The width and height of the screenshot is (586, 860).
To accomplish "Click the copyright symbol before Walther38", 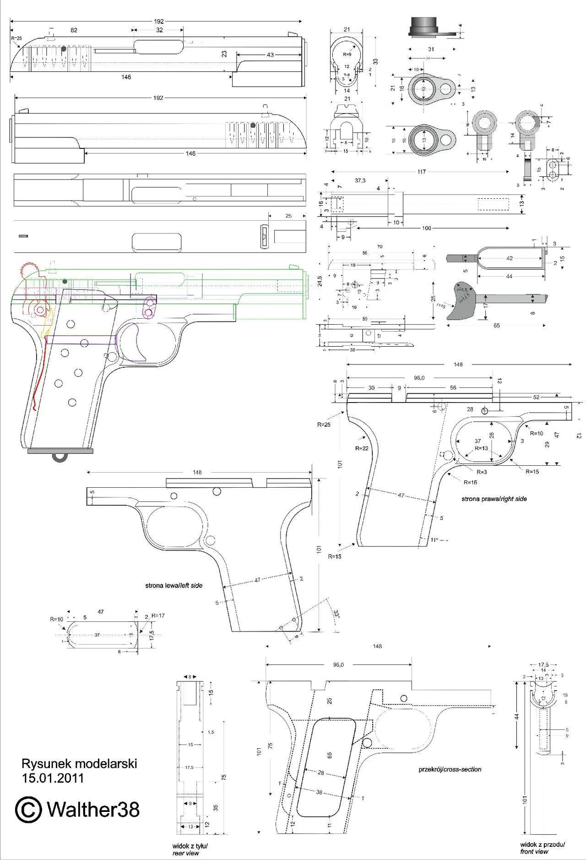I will [x=29, y=809].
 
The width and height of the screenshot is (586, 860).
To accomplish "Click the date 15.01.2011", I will [x=53, y=778].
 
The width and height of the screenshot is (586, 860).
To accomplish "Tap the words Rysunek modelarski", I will [x=79, y=764].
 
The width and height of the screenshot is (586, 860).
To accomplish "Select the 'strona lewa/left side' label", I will [x=174, y=585].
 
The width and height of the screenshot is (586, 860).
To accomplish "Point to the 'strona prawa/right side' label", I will [x=494, y=499].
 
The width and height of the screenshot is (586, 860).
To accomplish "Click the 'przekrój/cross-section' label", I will [x=450, y=769].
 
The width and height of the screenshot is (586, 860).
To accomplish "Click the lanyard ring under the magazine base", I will [x=60, y=457].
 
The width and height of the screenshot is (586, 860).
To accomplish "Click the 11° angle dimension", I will [x=434, y=540].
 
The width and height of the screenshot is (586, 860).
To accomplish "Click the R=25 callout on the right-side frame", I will [x=323, y=425].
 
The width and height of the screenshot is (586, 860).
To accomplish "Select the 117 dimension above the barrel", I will [x=421, y=172].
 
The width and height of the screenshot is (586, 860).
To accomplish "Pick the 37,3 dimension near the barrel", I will [x=360, y=180].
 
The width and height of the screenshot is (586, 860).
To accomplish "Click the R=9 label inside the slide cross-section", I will [x=347, y=54].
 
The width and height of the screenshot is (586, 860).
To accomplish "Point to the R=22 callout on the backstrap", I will [x=362, y=448].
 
